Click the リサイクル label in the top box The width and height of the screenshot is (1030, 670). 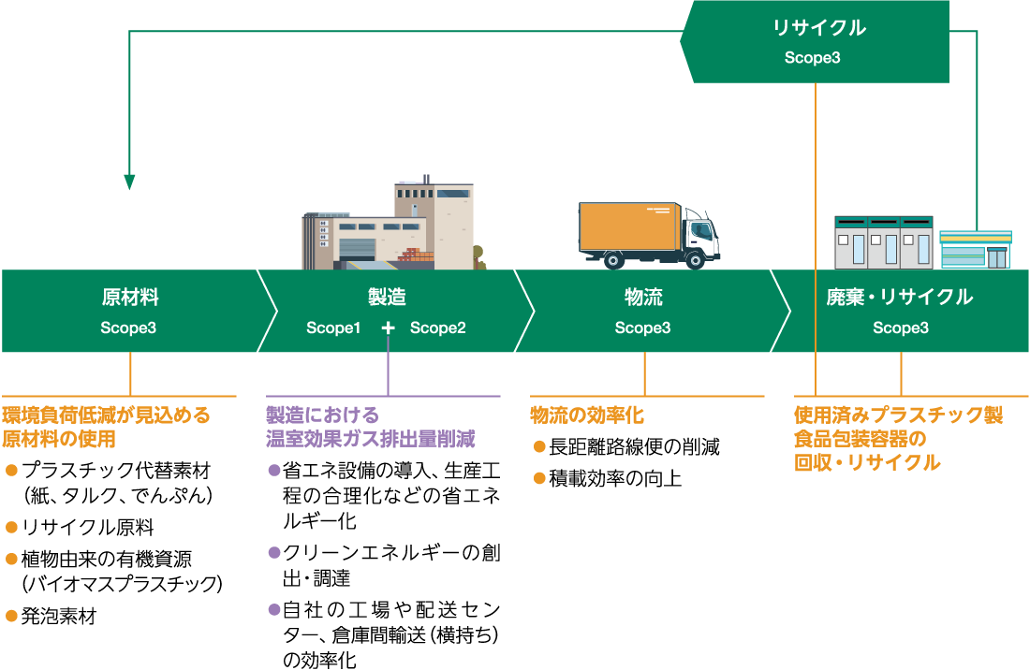tap(819, 28)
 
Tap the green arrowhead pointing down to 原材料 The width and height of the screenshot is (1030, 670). tap(130, 182)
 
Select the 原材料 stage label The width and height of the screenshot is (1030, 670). tap(129, 298)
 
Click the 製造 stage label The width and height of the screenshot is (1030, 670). tap(387, 298)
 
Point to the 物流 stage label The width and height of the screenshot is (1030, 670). tap(643, 298)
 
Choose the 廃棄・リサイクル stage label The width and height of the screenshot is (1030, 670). tap(900, 298)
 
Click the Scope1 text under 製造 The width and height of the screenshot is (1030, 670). tap(333, 328)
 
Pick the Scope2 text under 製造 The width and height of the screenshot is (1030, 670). tap(437, 328)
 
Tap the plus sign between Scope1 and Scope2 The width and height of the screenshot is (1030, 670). tap(388, 328)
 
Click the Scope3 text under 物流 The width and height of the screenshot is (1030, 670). tap(643, 328)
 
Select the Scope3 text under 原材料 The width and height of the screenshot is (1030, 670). tap(129, 328)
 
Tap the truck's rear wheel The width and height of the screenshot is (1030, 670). tap(613, 259)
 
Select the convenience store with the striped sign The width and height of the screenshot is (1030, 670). tap(975, 249)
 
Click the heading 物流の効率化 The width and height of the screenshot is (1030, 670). tap(587, 415)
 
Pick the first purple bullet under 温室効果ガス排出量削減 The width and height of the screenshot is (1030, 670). tap(274, 471)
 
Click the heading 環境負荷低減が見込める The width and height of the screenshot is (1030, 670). tap(107, 415)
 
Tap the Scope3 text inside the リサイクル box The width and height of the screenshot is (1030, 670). tap(813, 58)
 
